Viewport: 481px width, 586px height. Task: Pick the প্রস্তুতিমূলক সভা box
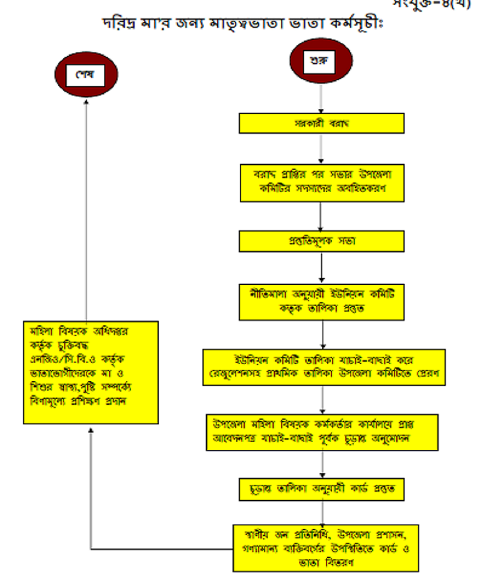click(x=322, y=242)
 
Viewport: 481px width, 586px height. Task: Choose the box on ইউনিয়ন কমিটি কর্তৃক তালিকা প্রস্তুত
click(x=323, y=301)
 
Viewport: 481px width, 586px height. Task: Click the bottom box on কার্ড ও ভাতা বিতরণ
click(x=325, y=547)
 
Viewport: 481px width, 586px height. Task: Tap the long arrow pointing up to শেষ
click(x=86, y=211)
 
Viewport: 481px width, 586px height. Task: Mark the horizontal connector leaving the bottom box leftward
click(x=162, y=549)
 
